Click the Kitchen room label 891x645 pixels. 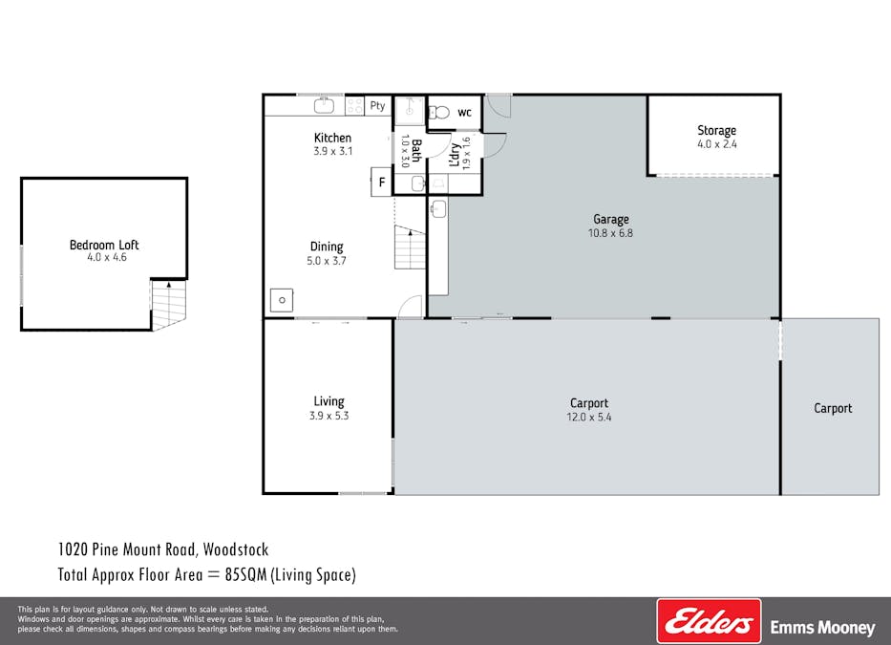(x=332, y=138)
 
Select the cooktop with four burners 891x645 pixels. (x=354, y=106)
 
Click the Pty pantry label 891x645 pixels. (x=378, y=106)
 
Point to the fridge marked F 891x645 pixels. (x=381, y=182)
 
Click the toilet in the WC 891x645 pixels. (x=438, y=113)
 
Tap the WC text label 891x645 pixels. (x=464, y=113)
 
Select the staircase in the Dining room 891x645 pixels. (x=409, y=248)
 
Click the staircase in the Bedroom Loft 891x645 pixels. (x=168, y=304)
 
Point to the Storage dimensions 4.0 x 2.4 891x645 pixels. (x=716, y=144)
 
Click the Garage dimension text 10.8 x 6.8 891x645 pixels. (x=611, y=232)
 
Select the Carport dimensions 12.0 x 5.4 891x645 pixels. (x=588, y=417)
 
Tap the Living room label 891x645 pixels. (x=329, y=401)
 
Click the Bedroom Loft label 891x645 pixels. (x=104, y=245)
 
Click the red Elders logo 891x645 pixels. (x=709, y=622)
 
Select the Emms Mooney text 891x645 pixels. (x=822, y=628)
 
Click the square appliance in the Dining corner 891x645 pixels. (x=282, y=300)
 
